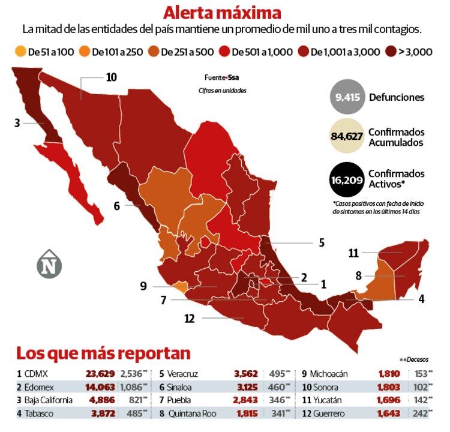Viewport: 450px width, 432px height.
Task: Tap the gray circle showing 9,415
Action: [347, 97]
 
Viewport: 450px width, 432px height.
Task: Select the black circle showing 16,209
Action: [347, 179]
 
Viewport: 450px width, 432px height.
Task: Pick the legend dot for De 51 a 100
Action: [20, 52]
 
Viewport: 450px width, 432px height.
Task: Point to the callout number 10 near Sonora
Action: [111, 77]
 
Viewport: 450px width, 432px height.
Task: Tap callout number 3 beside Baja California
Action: [17, 123]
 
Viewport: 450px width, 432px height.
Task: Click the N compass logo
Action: [49, 264]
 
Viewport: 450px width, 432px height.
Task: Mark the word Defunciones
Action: [397, 97]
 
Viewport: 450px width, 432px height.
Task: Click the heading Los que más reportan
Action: [103, 352]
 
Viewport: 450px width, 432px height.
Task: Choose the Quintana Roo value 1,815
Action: [247, 413]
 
